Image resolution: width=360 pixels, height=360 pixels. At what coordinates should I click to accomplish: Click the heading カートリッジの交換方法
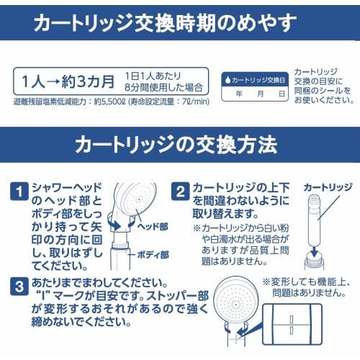[176, 144]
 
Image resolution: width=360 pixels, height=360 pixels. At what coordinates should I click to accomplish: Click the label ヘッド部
[153, 225]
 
